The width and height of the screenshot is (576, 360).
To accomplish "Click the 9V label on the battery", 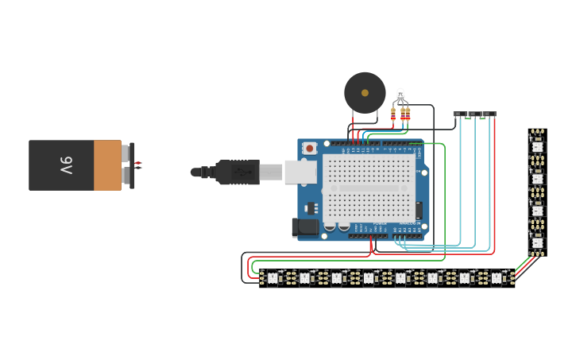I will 65,165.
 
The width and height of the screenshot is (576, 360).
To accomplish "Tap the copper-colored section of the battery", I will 107,165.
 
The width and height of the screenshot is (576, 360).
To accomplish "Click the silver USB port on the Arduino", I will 300,171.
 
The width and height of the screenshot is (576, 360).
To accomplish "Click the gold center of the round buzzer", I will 365,93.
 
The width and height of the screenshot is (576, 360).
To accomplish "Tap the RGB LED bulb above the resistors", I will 400,95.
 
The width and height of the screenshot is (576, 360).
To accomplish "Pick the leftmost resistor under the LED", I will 393,114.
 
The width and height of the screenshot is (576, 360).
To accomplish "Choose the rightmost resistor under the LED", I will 408,114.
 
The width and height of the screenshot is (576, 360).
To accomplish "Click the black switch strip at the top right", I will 474,114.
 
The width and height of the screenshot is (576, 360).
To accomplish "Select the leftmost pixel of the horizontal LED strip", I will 272,278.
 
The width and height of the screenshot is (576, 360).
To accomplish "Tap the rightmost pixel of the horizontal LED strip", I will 497,278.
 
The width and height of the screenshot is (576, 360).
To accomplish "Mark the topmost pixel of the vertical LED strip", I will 538,146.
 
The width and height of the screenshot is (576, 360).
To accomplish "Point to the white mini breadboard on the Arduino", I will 369,188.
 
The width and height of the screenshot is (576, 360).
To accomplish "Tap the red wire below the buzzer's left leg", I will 354,127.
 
